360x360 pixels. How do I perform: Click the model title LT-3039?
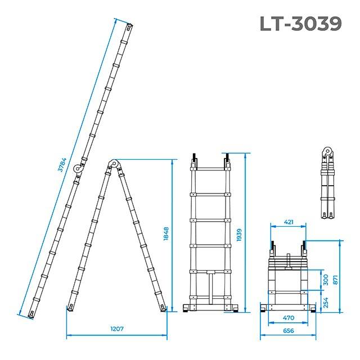tap(301, 24)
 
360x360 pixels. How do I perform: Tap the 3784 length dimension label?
tap(62, 165)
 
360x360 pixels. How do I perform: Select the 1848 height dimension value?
tap(166, 234)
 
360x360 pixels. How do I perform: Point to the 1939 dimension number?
tap(239, 235)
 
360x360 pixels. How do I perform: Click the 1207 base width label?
tap(117, 328)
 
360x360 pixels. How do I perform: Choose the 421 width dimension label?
tap(289, 222)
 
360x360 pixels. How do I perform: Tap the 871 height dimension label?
tap(335, 280)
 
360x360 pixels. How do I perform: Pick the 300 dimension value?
tap(326, 280)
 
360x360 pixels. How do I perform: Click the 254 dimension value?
tap(326, 303)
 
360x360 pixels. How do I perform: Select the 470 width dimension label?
tap(289, 318)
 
